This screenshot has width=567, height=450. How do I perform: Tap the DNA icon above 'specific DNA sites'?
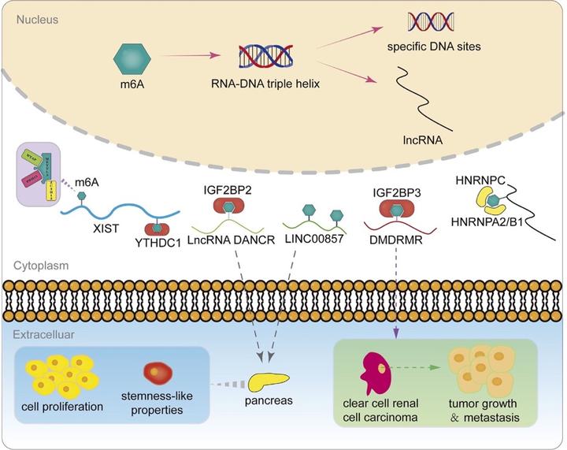[435, 23]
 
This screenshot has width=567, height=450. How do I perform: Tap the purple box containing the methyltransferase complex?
[46, 175]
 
